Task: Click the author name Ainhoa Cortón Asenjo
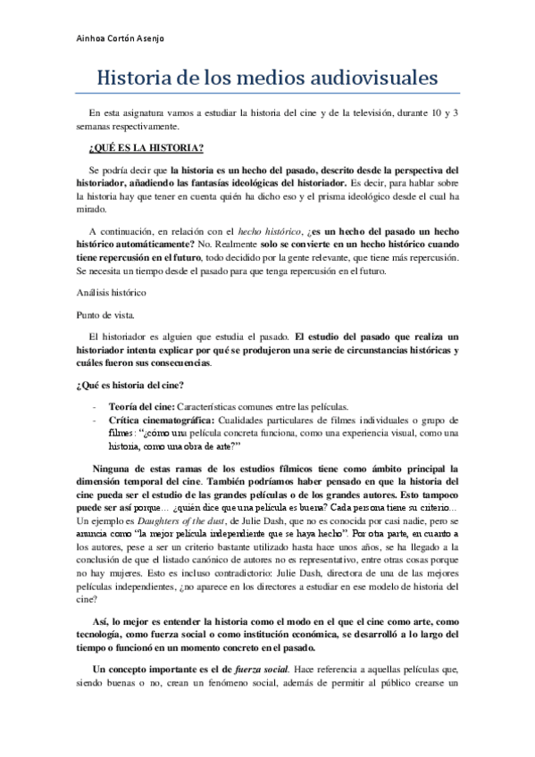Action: point(120,39)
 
